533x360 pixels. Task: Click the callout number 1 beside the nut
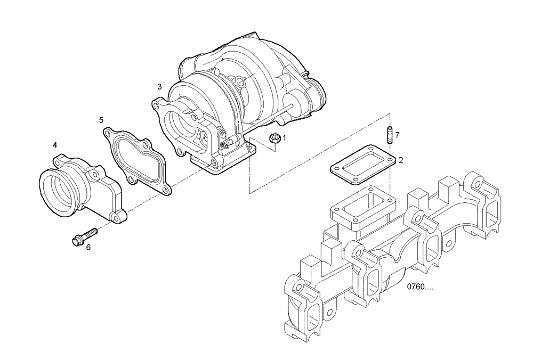(x=284, y=137)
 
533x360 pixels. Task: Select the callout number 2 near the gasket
(x=400, y=160)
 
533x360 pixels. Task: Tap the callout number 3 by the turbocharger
(x=159, y=86)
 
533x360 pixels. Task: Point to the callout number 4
(x=55, y=145)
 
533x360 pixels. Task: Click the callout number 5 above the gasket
(x=101, y=120)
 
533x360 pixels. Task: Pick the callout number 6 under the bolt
(x=88, y=247)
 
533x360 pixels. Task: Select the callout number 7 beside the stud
(x=397, y=136)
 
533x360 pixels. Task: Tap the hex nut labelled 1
(x=274, y=138)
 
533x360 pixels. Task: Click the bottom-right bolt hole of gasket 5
(x=167, y=190)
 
